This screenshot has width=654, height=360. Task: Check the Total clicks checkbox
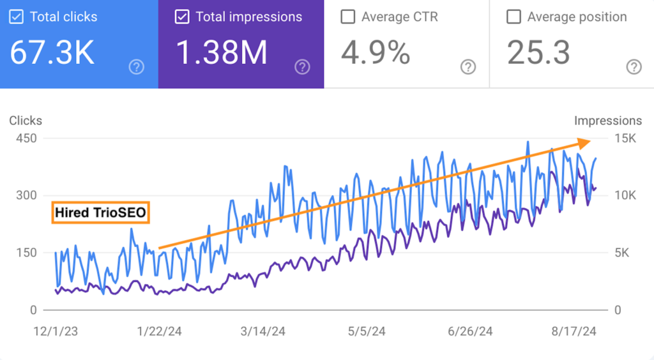16,17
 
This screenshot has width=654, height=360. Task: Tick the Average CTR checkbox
347,17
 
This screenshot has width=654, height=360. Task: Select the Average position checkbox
513,17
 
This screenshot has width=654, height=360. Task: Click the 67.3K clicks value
52,53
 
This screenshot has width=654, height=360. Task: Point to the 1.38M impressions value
221,53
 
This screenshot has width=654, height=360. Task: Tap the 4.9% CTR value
376,53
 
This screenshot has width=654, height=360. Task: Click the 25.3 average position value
538,53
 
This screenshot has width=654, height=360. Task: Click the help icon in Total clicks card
136,67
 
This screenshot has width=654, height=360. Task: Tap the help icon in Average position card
634,67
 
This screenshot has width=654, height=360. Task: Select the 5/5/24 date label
367,331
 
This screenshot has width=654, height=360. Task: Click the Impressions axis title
607,121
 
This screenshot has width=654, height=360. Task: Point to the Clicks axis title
26,121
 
